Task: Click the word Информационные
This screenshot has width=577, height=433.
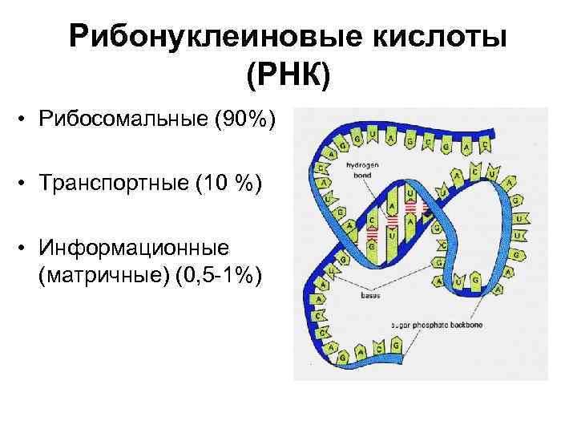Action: click(x=133, y=247)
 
